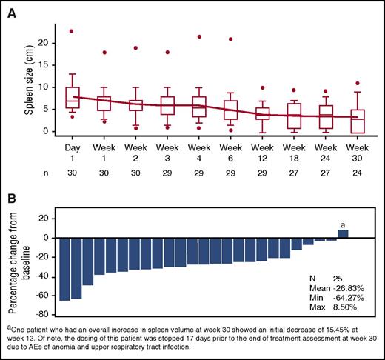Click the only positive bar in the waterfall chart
click(343, 234)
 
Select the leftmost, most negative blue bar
click(65, 269)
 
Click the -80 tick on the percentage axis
click(45, 295)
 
